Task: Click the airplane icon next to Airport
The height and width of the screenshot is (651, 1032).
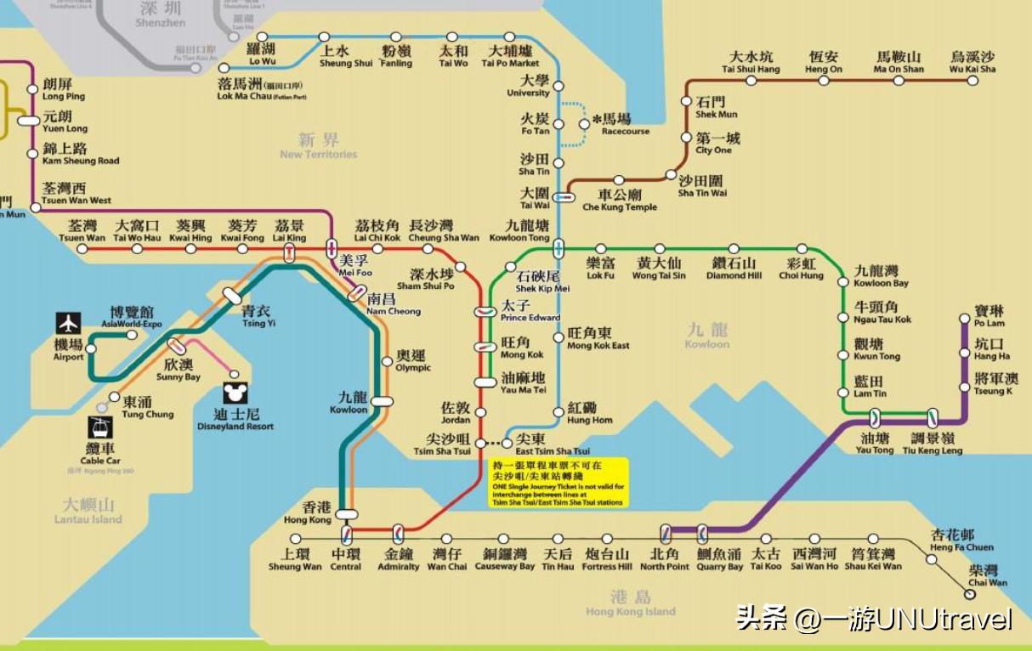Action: tap(69, 324)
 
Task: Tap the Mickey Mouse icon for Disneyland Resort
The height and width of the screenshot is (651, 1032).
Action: tap(235, 393)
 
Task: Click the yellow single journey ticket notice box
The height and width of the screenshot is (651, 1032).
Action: tap(559, 483)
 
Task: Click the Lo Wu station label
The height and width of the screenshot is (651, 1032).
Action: tap(262, 55)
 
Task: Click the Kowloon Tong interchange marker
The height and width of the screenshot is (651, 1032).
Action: tap(559, 249)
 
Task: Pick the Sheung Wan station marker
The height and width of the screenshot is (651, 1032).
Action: tap(296, 539)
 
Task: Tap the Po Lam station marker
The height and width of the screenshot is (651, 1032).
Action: tap(964, 320)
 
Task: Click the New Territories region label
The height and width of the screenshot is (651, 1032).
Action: tap(319, 146)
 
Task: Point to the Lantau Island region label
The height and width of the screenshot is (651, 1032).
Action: tap(88, 512)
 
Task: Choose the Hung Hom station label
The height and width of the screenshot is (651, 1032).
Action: tap(589, 414)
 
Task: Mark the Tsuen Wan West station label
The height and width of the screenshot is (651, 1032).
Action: tap(77, 194)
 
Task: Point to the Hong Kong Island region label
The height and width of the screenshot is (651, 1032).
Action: tap(631, 603)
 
